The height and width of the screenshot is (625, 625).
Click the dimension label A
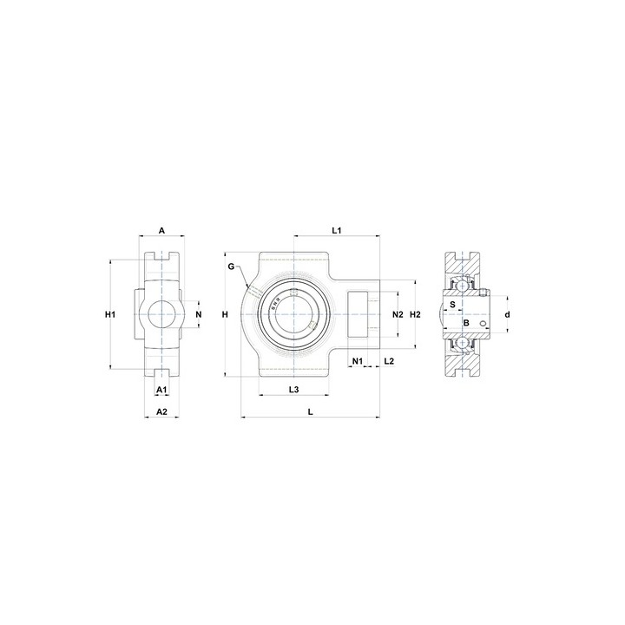click(x=161, y=230)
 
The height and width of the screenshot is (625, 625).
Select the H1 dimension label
click(x=110, y=315)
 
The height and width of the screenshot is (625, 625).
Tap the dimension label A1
click(x=161, y=390)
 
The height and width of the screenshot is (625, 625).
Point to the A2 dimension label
click(x=161, y=411)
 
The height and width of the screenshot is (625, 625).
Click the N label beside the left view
click(x=199, y=315)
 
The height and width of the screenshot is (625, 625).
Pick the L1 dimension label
click(x=337, y=230)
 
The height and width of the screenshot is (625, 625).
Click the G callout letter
click(x=231, y=266)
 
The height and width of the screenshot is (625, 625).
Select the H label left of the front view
click(x=225, y=315)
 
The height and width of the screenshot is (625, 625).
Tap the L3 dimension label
click(x=293, y=390)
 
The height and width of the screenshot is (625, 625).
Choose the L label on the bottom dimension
click(x=311, y=411)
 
